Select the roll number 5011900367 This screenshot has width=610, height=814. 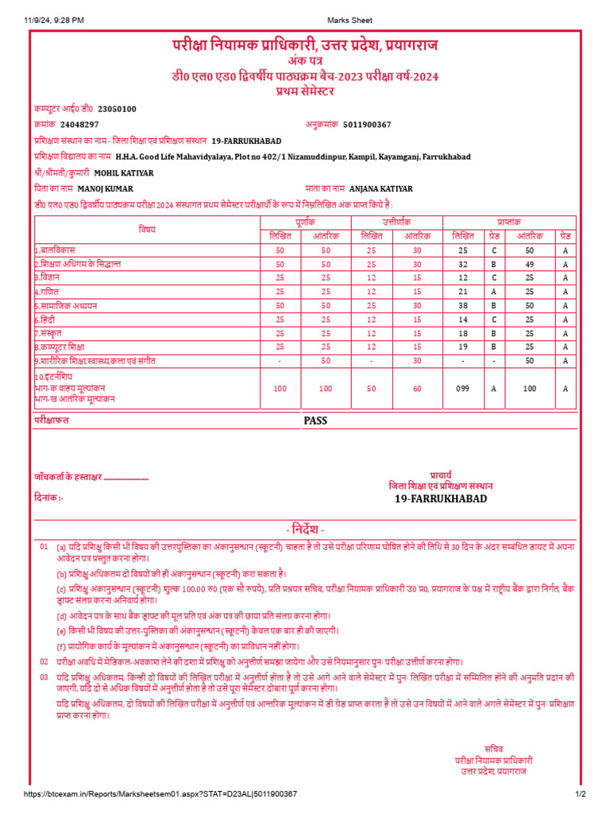point(367,125)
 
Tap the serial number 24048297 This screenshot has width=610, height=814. point(79,125)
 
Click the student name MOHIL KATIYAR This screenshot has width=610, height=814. point(124,172)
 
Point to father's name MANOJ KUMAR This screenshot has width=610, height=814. point(106,188)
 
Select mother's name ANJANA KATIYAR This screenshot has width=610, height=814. point(381,188)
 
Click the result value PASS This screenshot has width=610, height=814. point(315,421)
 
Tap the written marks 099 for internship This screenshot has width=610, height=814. point(463,388)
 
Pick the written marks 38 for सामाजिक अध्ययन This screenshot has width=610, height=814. point(463,304)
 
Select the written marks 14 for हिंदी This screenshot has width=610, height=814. point(463,319)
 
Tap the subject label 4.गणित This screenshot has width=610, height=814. point(48,291)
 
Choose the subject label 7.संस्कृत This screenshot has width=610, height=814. point(51,333)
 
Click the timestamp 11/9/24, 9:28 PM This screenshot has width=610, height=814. point(54,20)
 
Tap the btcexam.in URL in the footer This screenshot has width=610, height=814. point(160,794)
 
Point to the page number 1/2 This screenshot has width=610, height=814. point(580,794)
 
